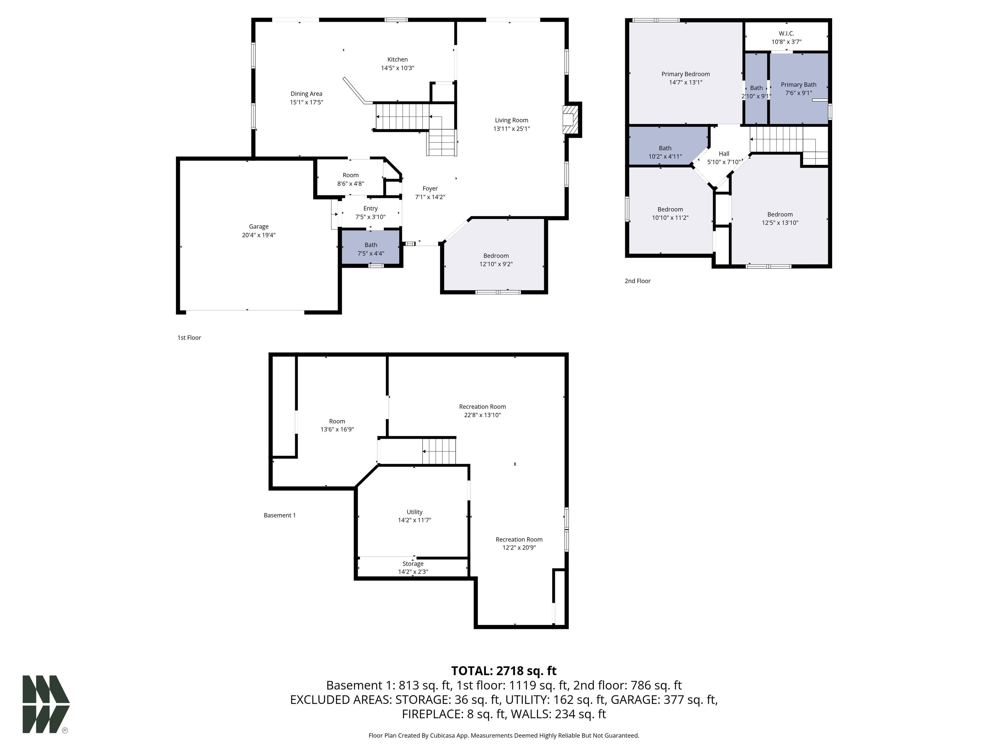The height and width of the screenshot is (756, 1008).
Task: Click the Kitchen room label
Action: (397, 59)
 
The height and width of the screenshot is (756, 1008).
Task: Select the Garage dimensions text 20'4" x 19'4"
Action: (258, 235)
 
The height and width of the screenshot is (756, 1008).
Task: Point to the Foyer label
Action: (430, 188)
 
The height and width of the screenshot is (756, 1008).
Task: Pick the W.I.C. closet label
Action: (786, 33)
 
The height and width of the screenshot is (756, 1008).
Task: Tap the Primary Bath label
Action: (798, 84)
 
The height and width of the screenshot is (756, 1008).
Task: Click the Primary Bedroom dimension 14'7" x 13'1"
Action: (685, 82)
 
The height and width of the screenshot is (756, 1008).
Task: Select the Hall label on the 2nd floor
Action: (724, 154)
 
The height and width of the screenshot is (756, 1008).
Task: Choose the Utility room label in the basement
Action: (414, 512)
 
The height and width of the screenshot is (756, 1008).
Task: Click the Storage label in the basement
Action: (413, 564)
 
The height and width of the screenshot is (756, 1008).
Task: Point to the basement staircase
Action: (438, 451)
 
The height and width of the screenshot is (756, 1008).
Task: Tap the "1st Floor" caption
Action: (189, 338)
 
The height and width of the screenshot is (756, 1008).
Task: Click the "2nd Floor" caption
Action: (638, 281)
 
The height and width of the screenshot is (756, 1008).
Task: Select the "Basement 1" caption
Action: (280, 515)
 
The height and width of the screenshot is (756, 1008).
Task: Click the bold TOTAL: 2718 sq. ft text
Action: (504, 671)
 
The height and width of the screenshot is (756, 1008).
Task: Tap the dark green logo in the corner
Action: (46, 704)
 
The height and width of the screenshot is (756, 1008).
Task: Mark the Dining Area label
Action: (306, 94)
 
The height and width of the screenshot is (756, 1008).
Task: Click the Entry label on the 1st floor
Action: (370, 208)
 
